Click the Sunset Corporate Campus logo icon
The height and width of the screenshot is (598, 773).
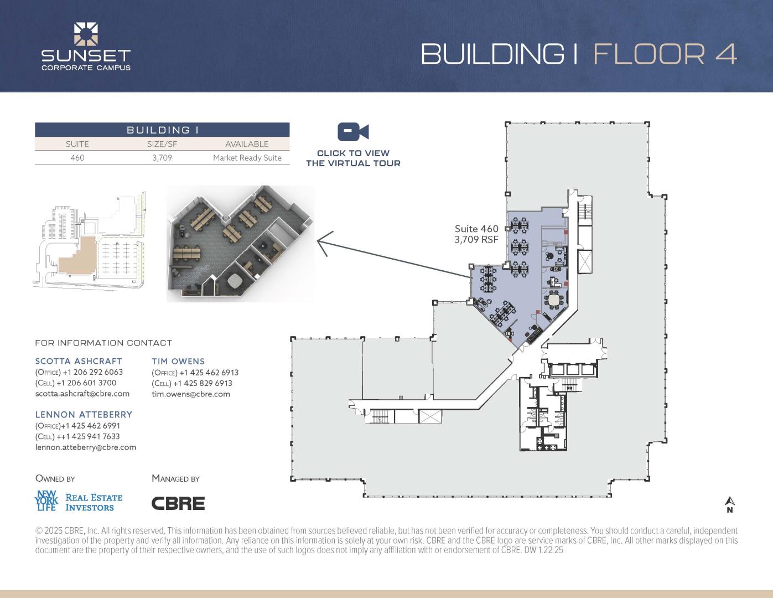86,34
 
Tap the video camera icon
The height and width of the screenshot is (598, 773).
353,132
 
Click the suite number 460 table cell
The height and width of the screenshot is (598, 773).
77,158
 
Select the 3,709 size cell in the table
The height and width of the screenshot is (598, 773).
162,158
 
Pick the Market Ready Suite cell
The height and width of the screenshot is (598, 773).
247,158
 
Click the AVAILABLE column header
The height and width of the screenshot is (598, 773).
247,144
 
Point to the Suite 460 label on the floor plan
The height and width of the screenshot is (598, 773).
476,234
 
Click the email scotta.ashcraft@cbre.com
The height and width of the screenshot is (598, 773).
82,394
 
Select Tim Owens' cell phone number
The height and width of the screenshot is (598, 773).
203,383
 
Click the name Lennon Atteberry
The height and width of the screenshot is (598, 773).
84,415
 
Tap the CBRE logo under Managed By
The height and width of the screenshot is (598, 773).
178,503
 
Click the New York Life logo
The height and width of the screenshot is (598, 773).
46,501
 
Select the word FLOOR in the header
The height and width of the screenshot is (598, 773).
649,54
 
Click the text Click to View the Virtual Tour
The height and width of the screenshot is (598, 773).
353,158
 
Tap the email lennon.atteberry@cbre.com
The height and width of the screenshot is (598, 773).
85,447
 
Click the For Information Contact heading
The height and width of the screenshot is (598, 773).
103,343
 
